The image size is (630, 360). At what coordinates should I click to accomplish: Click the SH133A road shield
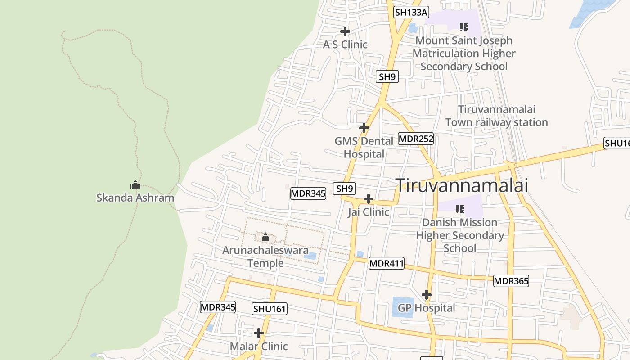(x=411, y=12)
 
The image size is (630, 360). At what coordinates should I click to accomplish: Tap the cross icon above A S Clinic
(x=345, y=31)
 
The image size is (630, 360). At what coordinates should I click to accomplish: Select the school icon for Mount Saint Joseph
(x=463, y=27)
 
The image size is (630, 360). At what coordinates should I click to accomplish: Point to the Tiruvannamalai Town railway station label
(x=496, y=116)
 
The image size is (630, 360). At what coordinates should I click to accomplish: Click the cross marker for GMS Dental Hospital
(x=364, y=128)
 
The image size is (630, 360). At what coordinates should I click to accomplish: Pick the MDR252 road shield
(x=416, y=139)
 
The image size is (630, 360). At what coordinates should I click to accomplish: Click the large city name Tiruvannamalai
(x=461, y=185)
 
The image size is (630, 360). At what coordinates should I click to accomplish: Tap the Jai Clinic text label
(x=368, y=212)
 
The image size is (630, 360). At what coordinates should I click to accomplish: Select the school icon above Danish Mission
(x=459, y=209)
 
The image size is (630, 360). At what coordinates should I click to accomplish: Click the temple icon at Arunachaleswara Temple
(x=265, y=237)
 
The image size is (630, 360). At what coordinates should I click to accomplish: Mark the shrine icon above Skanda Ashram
(x=135, y=184)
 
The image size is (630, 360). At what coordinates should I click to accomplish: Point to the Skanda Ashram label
(x=135, y=198)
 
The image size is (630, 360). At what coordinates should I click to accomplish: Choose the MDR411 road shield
(x=386, y=263)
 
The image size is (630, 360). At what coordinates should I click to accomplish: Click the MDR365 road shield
(x=511, y=281)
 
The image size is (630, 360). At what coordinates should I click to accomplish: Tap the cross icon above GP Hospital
(x=427, y=295)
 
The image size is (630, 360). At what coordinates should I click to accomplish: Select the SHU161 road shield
(x=270, y=309)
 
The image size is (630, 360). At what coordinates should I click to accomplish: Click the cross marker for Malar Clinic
(x=259, y=333)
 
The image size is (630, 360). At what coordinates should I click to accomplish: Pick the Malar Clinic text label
(x=259, y=346)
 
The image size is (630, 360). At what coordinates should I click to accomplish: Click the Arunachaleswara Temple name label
(x=265, y=256)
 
